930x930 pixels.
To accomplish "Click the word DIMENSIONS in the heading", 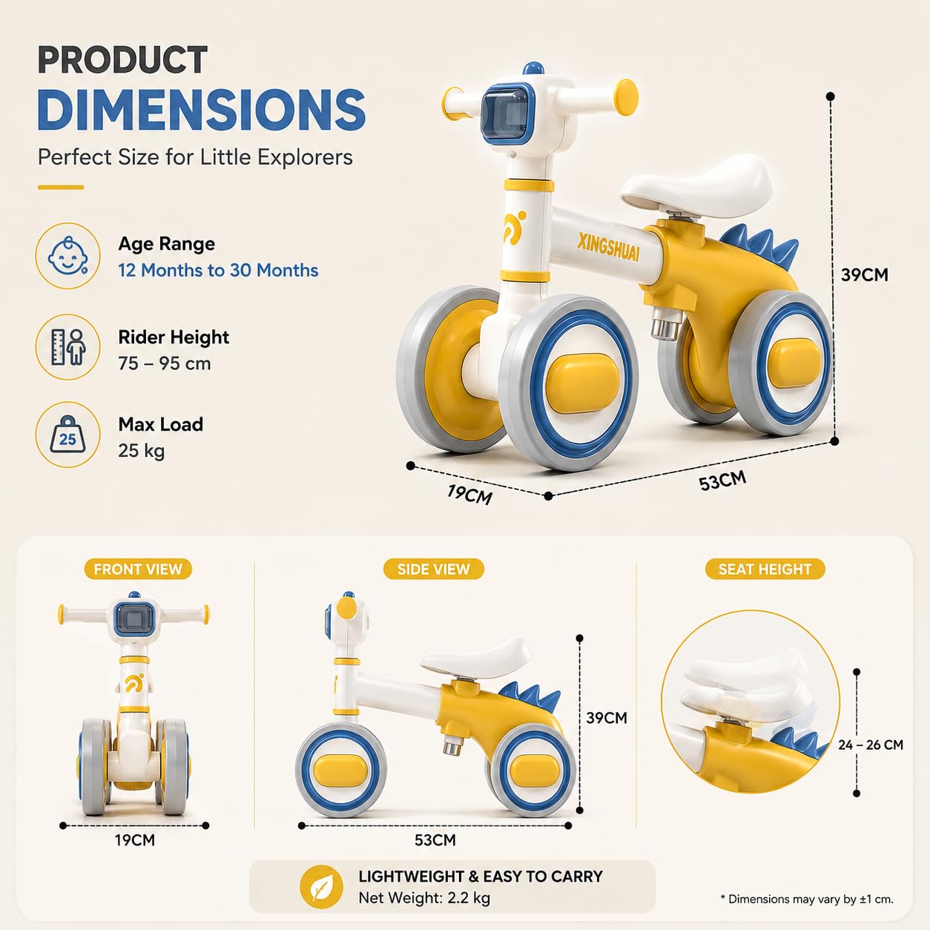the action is coord(202,109).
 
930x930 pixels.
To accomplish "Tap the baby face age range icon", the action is coord(68,256).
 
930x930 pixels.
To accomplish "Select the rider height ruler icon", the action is coord(68,347).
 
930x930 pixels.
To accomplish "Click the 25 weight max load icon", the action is coord(68,435).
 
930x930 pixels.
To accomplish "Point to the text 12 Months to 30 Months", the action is coord(218,270).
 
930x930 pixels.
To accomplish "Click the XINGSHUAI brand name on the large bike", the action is coord(609,247).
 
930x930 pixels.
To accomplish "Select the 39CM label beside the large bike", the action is coord(864,274).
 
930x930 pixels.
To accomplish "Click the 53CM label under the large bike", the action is coord(722,481).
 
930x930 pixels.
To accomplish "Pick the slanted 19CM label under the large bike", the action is coord(469,494).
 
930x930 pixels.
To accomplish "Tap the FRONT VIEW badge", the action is coord(138,569).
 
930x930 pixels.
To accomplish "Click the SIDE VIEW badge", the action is coord(433,569).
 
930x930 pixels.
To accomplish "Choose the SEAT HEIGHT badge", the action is coord(765,569).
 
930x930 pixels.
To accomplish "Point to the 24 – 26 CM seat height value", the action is coord(871,745).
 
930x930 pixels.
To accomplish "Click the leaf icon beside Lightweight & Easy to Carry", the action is coord(321,887).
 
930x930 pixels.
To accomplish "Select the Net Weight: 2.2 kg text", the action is coord(424,897).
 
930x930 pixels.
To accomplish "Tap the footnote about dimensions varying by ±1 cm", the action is coord(807,899).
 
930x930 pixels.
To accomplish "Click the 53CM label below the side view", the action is coord(435,840).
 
